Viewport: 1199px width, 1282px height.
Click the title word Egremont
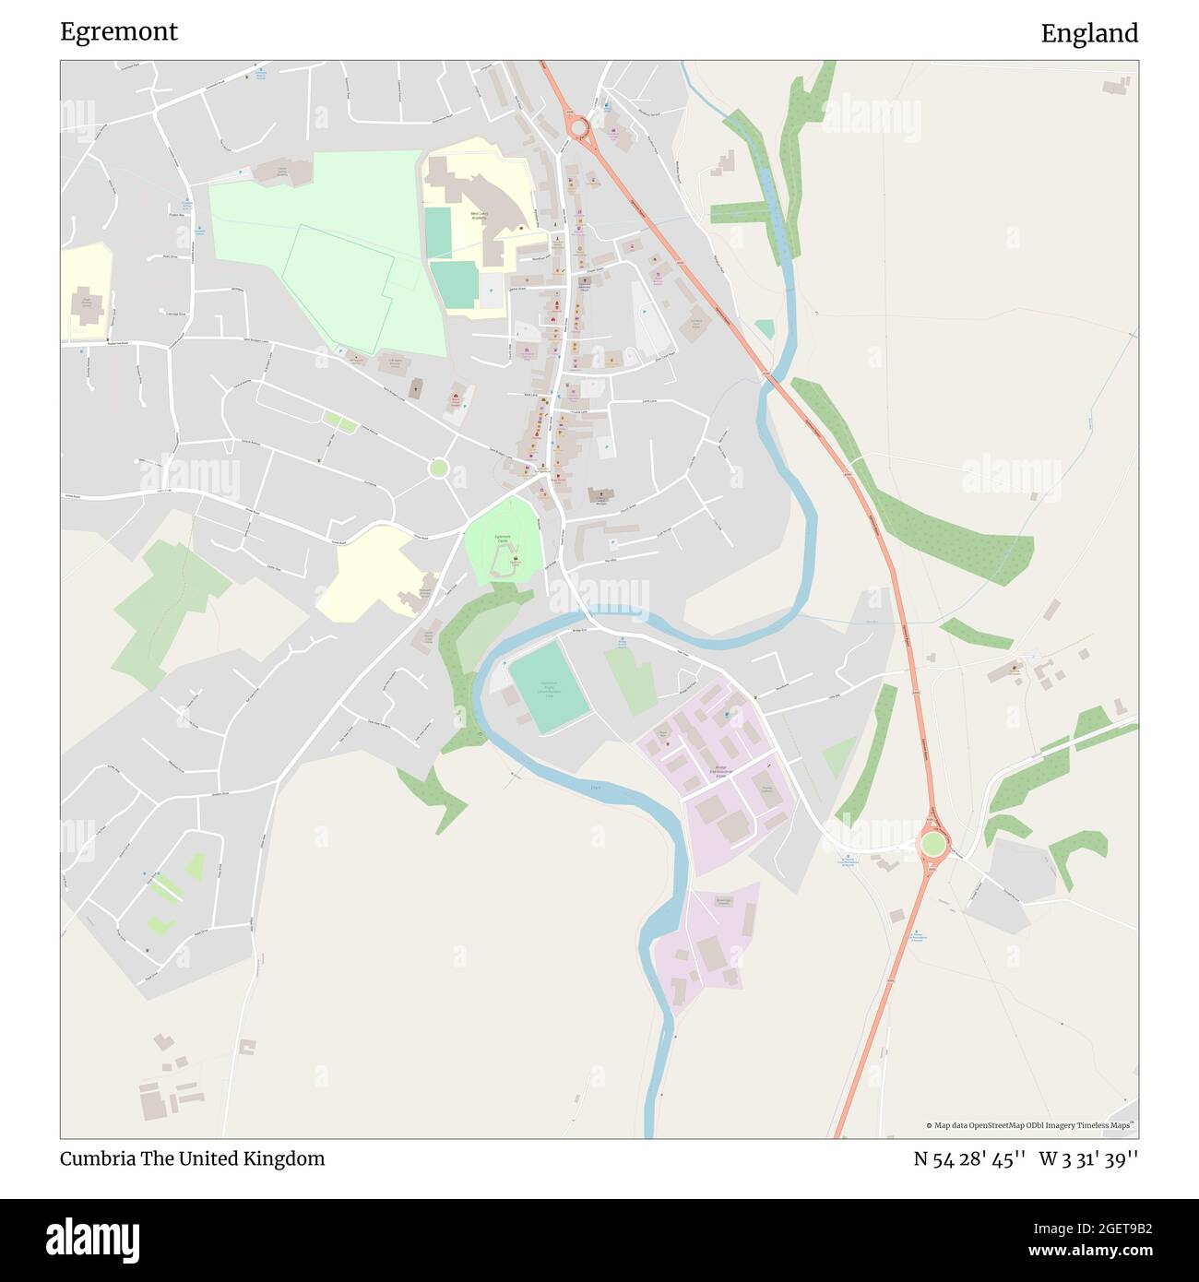pos(119,31)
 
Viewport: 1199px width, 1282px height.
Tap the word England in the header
pos(1089,33)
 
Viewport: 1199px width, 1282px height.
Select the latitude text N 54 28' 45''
pos(969,1158)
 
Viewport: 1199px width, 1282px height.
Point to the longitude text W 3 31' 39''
pos(1088,1158)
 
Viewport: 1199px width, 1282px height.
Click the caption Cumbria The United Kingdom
pos(192,1158)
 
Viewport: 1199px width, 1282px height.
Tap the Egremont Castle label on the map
pos(503,539)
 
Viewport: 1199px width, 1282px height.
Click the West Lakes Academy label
pos(479,216)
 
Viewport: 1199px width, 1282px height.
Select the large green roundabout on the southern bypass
pos(932,843)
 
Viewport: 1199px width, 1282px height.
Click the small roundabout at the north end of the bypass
pos(578,126)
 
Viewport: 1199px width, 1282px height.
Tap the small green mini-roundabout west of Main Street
pos(439,469)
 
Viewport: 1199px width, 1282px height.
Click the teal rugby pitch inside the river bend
pos(549,688)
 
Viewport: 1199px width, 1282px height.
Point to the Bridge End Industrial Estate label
pos(728,771)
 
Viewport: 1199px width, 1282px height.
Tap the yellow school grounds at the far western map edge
pos(87,291)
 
